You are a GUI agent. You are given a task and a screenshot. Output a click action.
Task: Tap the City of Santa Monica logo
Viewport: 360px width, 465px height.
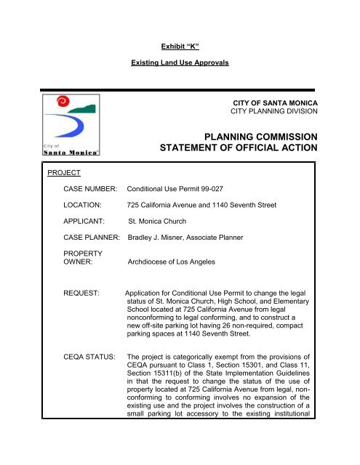coord(70,124)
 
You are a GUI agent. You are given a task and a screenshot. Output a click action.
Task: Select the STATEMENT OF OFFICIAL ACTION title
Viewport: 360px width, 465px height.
coord(237,150)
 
